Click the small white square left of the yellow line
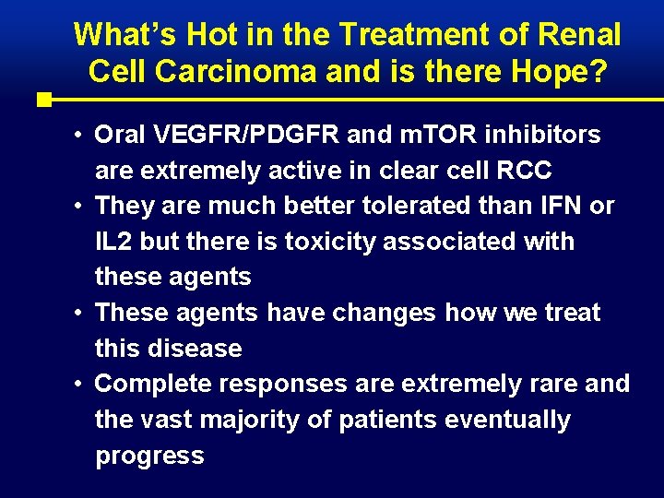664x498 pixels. tap(42, 99)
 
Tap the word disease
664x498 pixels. tap(196, 349)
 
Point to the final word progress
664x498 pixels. tap(149, 456)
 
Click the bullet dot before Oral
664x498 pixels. tap(81, 135)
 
